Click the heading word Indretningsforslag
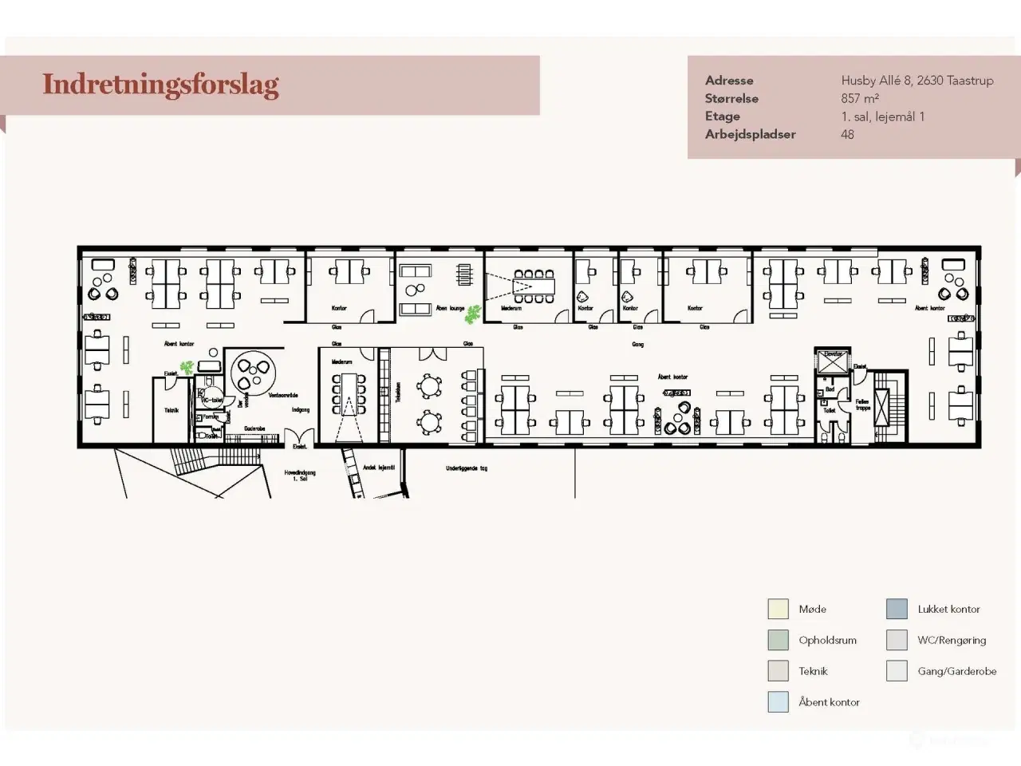(x=160, y=85)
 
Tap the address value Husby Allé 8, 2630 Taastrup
(x=917, y=80)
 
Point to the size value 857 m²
(x=859, y=98)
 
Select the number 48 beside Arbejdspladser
(x=847, y=134)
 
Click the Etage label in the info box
(x=722, y=116)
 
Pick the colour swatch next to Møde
(x=778, y=609)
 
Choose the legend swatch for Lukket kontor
(x=897, y=609)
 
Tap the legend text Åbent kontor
(x=829, y=702)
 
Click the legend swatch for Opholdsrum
(x=778, y=640)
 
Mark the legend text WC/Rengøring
(x=952, y=640)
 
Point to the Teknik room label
(x=171, y=410)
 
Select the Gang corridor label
(x=637, y=345)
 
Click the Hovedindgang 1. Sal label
(x=300, y=475)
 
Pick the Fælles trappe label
(x=862, y=405)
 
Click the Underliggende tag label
(x=467, y=468)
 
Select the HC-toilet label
(x=211, y=400)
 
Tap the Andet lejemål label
(x=379, y=468)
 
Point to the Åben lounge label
(x=450, y=308)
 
